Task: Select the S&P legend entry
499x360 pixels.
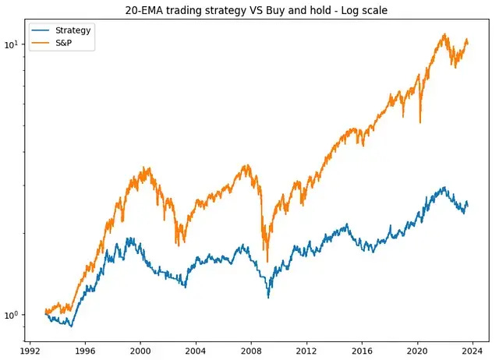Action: click(x=66, y=43)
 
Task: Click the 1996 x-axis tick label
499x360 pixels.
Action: click(x=85, y=350)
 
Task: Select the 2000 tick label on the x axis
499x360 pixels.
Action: click(x=140, y=350)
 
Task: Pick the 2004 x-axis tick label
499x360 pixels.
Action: click(x=196, y=350)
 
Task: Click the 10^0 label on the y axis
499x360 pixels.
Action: click(x=13, y=315)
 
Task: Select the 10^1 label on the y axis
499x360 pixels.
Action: click(x=13, y=44)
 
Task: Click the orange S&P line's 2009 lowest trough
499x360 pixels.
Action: click(x=267, y=261)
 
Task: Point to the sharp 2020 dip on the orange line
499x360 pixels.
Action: click(x=420, y=122)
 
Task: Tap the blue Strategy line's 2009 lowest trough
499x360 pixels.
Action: click(x=268, y=297)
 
